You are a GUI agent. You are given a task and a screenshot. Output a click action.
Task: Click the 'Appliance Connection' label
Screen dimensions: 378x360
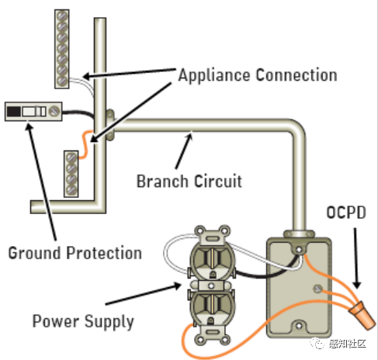(258, 75)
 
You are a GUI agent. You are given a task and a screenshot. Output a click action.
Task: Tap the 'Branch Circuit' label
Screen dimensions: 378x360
(189, 181)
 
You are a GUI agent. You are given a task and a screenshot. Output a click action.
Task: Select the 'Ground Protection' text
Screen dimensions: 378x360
(75, 253)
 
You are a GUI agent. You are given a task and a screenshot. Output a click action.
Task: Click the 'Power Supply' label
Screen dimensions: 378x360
(83, 321)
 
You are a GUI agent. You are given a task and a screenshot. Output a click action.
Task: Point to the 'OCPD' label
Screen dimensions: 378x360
(346, 213)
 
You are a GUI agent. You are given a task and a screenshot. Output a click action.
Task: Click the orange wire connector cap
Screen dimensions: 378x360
(362, 315)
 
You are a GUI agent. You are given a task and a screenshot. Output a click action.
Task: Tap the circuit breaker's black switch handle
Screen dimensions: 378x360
(14, 112)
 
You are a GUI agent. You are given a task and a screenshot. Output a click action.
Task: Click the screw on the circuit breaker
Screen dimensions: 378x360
(54, 112)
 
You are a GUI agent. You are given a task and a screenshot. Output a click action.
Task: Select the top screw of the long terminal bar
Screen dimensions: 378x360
(62, 16)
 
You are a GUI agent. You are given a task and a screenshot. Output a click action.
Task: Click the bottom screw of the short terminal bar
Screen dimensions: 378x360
(71, 190)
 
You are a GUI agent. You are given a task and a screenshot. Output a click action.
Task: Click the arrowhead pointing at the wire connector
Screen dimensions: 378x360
(357, 284)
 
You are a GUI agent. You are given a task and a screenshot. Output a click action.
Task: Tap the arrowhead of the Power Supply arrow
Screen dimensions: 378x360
(177, 286)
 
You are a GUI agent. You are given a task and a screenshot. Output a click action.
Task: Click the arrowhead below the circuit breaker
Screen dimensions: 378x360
(29, 126)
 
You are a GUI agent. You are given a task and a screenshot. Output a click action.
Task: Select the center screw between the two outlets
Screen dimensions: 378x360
(211, 286)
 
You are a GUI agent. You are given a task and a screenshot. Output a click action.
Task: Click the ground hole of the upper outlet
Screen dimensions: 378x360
(213, 275)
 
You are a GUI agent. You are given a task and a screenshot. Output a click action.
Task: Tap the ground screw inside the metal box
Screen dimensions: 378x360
(317, 289)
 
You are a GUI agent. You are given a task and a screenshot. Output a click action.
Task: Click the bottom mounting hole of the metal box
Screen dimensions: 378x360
(299, 326)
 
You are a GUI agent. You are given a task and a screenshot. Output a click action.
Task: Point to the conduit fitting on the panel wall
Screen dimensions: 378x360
(110, 125)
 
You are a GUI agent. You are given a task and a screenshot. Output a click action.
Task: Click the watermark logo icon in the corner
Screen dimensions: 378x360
(317, 343)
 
